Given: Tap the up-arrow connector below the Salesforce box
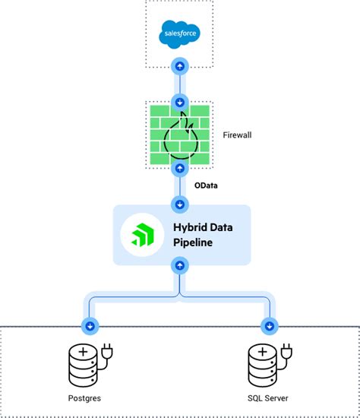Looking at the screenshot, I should (x=179, y=66).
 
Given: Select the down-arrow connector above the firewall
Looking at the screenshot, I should (x=179, y=101).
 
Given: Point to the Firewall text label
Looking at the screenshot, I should (x=237, y=135).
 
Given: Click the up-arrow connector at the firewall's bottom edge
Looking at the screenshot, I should (x=179, y=166).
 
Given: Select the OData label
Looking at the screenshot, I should (x=205, y=185).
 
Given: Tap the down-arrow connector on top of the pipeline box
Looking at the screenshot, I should (x=179, y=204).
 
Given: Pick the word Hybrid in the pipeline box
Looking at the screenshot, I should (x=194, y=226).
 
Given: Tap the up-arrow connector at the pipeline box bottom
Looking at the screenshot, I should (x=179, y=265).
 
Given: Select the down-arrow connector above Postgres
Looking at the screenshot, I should (x=90, y=326).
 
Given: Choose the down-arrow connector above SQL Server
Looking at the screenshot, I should (x=268, y=326).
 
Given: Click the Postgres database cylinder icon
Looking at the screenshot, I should (x=84, y=365).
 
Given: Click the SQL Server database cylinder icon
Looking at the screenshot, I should (x=261, y=365).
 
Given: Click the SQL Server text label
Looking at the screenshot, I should (x=268, y=399).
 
